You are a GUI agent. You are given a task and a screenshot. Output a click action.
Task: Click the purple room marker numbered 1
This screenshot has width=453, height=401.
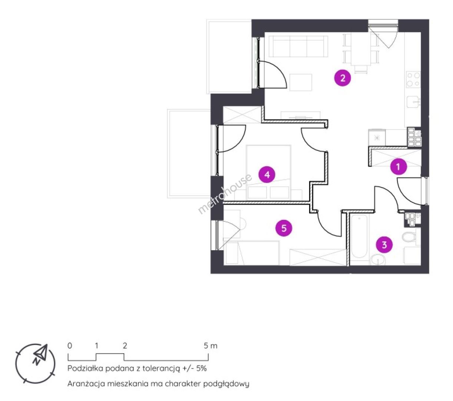pyautogui.click(x=398, y=166)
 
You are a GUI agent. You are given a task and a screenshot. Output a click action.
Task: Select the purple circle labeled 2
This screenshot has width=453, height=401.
pyautogui.click(x=342, y=78)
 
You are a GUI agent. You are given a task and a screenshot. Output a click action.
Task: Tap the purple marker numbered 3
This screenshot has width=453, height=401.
pyautogui.click(x=384, y=245)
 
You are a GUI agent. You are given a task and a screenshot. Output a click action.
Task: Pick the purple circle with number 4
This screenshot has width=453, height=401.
pyautogui.click(x=267, y=175)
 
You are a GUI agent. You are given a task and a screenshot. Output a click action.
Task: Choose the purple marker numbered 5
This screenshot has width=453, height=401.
pyautogui.click(x=284, y=228)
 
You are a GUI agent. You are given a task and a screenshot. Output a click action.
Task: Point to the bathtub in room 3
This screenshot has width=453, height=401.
pyautogui.click(x=359, y=237)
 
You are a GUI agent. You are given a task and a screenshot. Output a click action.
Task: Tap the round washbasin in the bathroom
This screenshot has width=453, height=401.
pyautogui.click(x=378, y=260)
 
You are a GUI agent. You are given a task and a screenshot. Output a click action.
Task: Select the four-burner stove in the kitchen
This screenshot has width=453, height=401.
pyautogui.click(x=413, y=80)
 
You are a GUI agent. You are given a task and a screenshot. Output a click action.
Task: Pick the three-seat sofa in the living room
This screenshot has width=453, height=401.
pyautogui.click(x=298, y=46)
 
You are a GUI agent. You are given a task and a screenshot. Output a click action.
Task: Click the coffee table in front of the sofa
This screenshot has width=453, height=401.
pyautogui.click(x=301, y=82)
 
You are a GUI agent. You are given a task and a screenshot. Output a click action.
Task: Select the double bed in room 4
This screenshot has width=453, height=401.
pyautogui.click(x=268, y=173)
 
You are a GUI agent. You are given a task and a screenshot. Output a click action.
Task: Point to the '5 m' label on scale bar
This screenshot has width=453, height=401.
pyautogui.click(x=210, y=346)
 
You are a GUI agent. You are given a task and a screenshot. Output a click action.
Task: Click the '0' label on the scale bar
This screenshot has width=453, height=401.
pyautogui.click(x=70, y=346)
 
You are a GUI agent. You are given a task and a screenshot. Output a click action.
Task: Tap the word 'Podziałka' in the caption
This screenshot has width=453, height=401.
pyautogui.click(x=85, y=369)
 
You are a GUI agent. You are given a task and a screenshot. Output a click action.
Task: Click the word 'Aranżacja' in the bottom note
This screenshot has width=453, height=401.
pyautogui.click(x=86, y=384)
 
